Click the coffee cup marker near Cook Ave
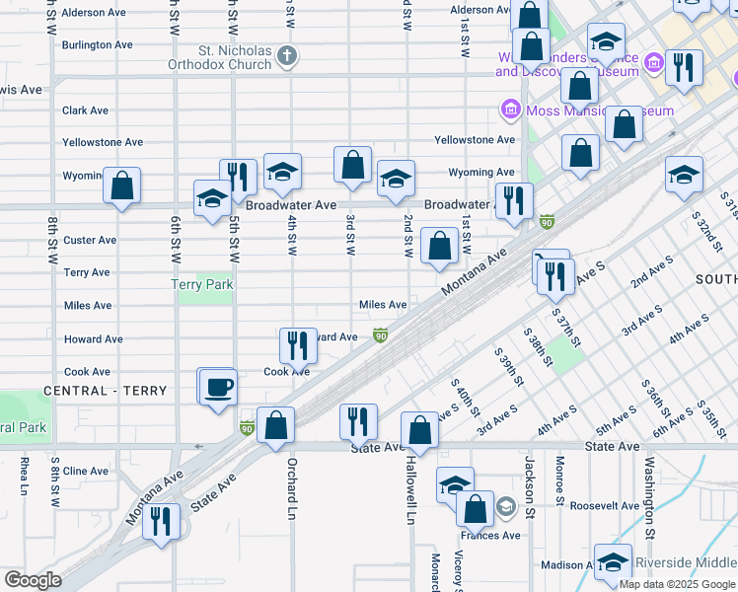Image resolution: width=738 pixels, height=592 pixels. [x=217, y=386]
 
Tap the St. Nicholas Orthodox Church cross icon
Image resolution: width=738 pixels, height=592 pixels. [x=287, y=54]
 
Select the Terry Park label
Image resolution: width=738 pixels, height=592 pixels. [x=202, y=284]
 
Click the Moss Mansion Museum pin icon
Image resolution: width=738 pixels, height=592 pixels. [x=510, y=110]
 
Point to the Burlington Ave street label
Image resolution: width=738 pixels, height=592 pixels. [x=97, y=45]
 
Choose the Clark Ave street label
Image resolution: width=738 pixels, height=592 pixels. [x=85, y=111]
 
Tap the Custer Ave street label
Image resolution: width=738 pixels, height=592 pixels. [x=89, y=240]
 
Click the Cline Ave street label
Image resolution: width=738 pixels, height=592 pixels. [x=85, y=472]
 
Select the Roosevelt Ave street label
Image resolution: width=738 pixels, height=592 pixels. [x=605, y=506]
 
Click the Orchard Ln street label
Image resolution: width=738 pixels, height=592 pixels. [x=292, y=489]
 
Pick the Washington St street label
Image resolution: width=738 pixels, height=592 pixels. [x=650, y=488]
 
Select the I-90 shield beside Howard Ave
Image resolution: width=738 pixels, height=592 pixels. [x=380, y=337]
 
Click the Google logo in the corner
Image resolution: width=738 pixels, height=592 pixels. [x=33, y=579]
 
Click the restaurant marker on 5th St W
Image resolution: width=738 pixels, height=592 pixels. [x=237, y=177]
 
